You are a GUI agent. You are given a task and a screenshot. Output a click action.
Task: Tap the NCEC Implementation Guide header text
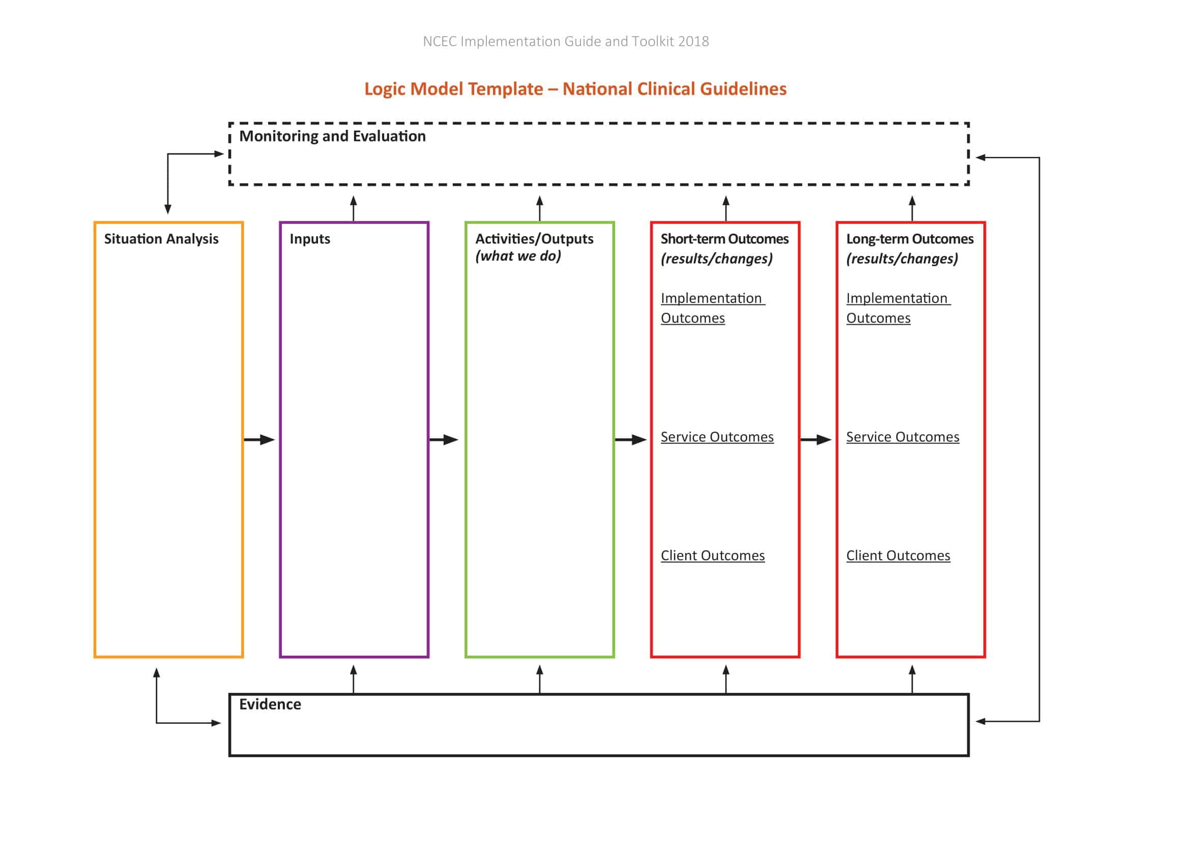565,41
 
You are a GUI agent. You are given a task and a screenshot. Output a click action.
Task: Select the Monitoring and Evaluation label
332,136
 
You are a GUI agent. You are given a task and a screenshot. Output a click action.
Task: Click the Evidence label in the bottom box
270,704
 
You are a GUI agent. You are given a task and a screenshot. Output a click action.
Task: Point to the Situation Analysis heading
161,239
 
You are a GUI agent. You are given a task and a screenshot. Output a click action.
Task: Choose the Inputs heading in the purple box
309,239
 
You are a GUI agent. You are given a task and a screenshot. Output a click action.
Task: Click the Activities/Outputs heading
534,239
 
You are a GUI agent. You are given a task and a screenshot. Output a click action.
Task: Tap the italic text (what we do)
518,256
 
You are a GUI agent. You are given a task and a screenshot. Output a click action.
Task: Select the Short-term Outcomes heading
724,239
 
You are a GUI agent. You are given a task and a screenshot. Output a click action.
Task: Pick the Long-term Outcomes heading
910,239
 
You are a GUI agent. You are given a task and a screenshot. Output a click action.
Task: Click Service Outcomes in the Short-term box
717,437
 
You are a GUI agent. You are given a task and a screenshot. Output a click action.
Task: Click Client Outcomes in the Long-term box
897,556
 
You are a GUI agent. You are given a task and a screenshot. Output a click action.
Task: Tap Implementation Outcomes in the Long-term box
897,308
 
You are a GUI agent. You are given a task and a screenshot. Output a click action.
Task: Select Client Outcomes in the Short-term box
712,556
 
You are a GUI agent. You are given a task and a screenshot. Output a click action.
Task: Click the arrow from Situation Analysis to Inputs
259,440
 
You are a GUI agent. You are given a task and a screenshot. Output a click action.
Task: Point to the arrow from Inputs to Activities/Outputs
444,440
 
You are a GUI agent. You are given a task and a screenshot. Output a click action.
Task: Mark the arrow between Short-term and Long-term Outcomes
816,440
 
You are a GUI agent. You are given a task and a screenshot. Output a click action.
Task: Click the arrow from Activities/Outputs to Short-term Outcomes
630,440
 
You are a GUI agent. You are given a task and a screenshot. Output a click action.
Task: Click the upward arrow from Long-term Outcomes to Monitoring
912,208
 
